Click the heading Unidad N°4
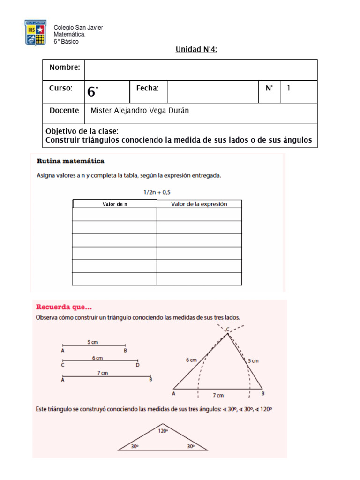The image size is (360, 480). point(196,50)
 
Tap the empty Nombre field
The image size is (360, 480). point(200,70)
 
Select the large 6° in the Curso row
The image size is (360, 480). point(93,92)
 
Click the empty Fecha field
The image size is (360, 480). point(212,92)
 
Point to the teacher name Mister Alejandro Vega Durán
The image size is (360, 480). point(139,111)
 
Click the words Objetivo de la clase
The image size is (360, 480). point(82,131)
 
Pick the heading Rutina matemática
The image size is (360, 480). point(70,161)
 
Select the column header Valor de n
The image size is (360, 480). point(114,204)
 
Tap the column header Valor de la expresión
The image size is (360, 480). point(199,204)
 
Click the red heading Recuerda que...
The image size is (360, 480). point(64,307)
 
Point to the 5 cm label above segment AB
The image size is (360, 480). point(92,342)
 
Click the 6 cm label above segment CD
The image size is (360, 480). point(97,358)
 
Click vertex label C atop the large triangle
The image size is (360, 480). point(228,330)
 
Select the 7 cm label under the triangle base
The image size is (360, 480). point(217,396)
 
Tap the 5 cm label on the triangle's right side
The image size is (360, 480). point(253,361)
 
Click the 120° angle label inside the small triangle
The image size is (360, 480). point(163,429)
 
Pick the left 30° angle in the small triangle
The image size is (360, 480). point(135,447)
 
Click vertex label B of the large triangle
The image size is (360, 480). point(263,393)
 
